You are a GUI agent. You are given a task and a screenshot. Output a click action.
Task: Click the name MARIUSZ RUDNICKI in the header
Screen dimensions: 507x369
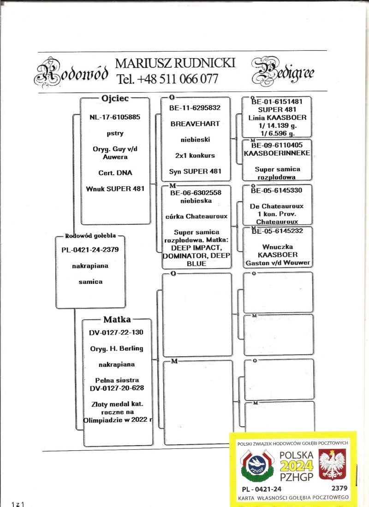tap(175, 63)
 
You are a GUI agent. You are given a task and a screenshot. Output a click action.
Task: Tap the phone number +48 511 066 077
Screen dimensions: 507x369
tap(167, 79)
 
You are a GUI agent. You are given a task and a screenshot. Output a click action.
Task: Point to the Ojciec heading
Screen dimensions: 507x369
tap(115, 98)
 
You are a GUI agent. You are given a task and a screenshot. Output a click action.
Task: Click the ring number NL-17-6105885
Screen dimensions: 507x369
tap(115, 117)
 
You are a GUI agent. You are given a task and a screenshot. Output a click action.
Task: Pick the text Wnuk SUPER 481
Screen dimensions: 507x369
tap(115, 189)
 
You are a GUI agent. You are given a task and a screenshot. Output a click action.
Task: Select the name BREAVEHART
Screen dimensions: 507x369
tap(195, 124)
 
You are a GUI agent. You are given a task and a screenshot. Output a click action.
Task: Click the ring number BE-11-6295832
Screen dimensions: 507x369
tap(195, 108)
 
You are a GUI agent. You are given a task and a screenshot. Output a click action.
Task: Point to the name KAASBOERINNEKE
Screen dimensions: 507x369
tap(277, 153)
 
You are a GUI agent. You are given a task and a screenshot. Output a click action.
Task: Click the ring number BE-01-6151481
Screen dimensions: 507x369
tap(277, 102)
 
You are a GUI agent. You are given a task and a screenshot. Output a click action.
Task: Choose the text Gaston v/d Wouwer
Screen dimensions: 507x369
tap(277, 263)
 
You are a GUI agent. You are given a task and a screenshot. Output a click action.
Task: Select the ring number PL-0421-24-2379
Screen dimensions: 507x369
tap(90, 250)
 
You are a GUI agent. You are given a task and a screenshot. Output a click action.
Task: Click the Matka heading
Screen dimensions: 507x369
tap(117, 319)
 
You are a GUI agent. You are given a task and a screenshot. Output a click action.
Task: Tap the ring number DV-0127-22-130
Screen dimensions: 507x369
tap(117, 332)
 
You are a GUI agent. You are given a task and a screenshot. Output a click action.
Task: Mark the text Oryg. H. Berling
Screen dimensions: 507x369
tap(117, 348)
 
